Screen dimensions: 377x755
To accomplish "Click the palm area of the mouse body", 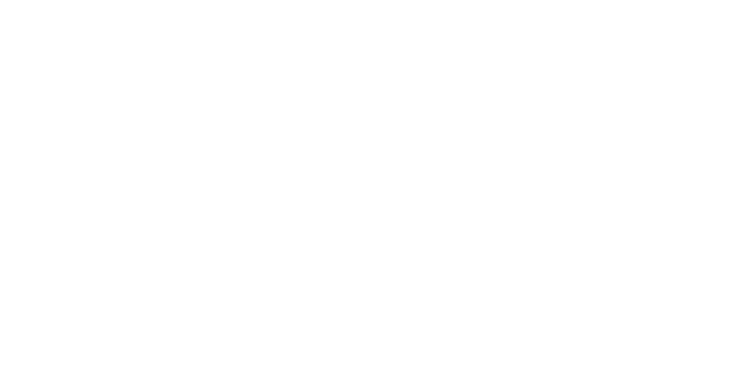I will coord(207,268).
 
